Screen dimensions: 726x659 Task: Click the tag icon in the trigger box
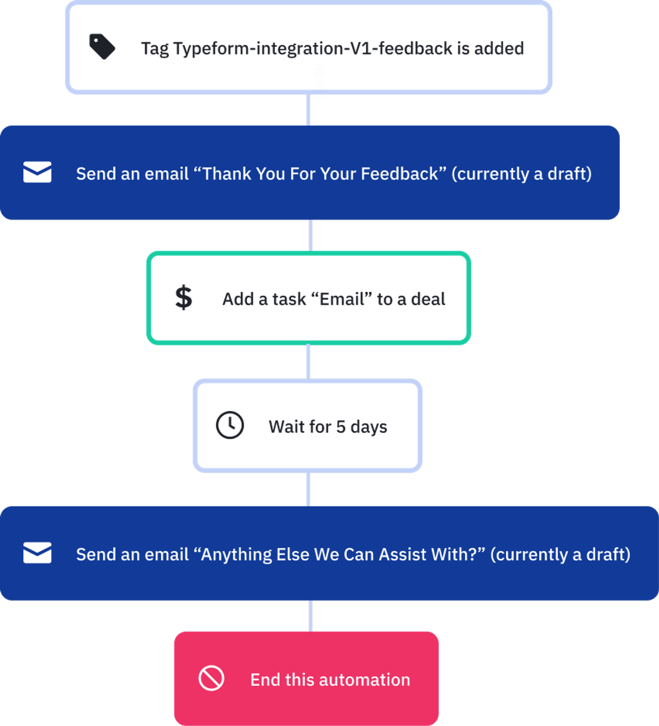102,47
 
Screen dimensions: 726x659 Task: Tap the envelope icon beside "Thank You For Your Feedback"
37,172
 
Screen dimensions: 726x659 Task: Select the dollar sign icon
183,297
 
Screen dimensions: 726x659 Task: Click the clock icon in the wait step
230,425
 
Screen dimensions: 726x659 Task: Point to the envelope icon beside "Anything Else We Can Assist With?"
37,553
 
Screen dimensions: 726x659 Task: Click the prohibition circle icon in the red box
211,678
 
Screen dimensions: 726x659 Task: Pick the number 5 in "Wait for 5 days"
341,427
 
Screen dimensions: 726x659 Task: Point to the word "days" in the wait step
369,427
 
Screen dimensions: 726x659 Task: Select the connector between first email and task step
311,235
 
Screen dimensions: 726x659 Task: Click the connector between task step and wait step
308,361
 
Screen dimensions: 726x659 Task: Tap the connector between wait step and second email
308,489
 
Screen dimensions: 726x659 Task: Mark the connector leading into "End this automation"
311,616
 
